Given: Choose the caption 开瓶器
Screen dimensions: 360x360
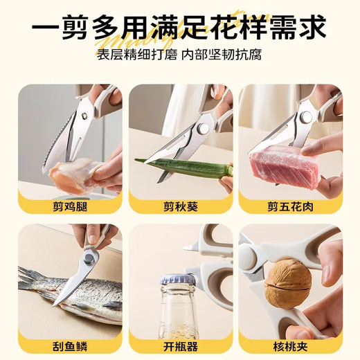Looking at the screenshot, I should pos(180,344).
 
